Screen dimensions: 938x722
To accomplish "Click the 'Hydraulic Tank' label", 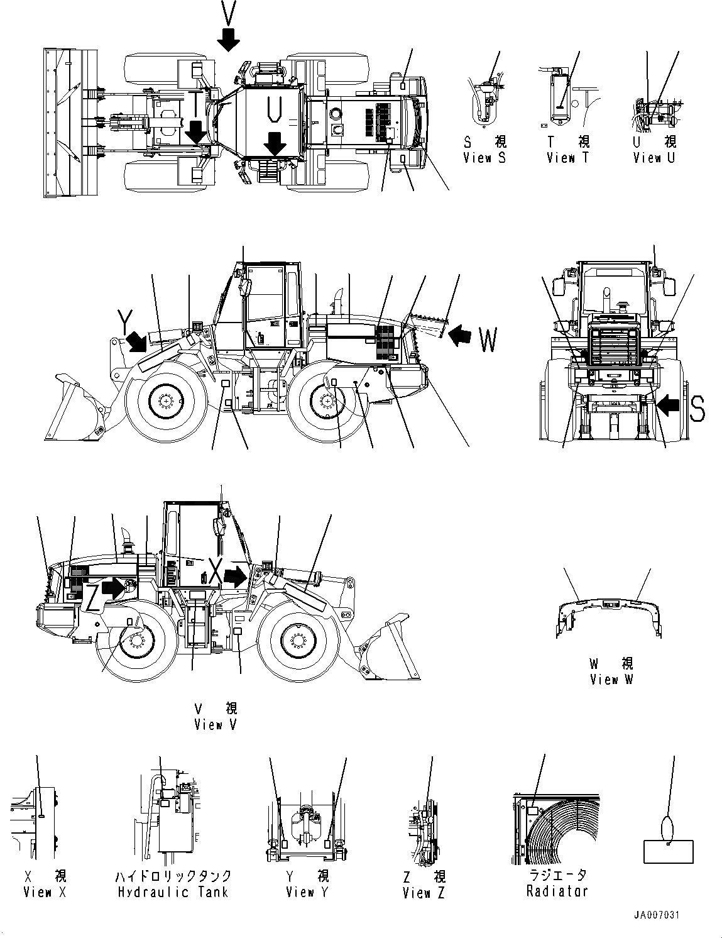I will point(173,891).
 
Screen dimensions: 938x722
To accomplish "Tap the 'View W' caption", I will point(612,680).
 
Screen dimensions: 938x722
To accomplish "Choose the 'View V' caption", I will point(216,725).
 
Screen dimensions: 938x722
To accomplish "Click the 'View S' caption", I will point(484,158).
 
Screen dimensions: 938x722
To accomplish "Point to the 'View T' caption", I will point(567,158).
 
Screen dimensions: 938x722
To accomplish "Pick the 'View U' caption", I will point(654,158).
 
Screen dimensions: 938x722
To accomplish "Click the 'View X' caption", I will point(45,891).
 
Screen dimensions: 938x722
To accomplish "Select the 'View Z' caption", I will point(424,892).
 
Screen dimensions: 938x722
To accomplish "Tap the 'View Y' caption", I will point(307,891).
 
